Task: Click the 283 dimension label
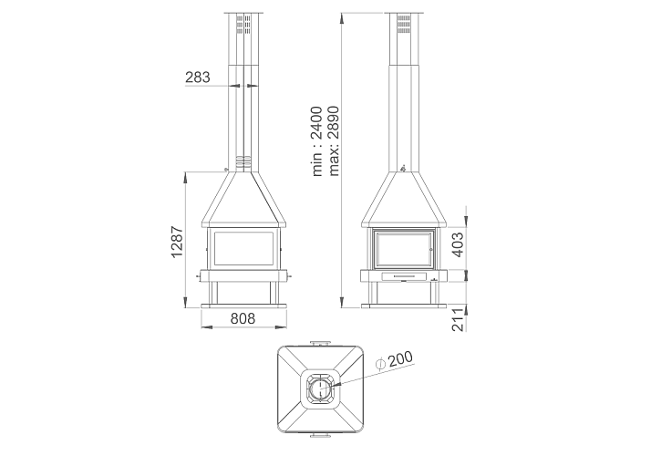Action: [x=198, y=78]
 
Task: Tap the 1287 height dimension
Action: [x=177, y=242]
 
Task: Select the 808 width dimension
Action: [x=243, y=318]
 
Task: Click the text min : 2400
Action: [x=316, y=141]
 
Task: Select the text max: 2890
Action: [x=334, y=141]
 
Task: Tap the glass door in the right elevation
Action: [x=404, y=249]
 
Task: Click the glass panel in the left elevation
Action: [x=243, y=248]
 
